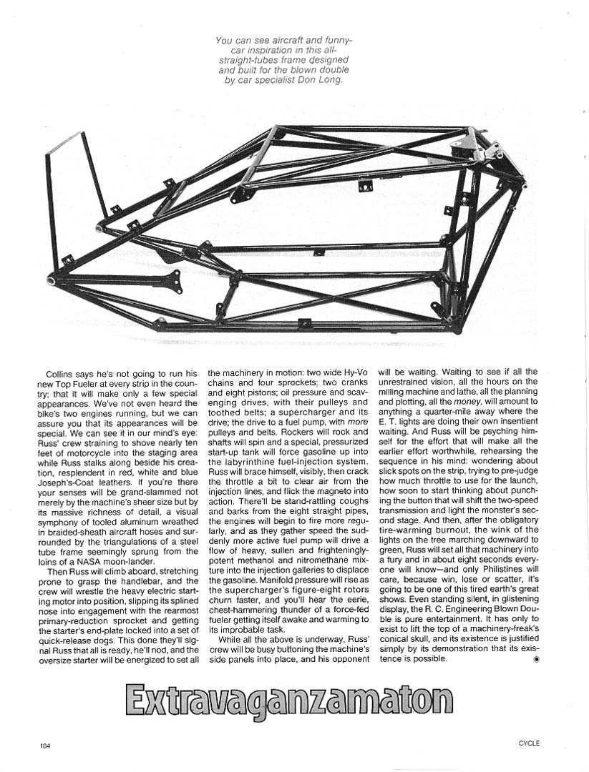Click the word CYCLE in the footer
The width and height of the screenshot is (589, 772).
tap(529, 743)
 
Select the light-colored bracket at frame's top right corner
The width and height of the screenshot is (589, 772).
tap(472, 147)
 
